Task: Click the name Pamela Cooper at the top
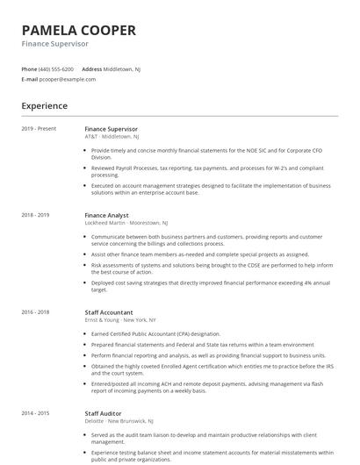click(79, 30)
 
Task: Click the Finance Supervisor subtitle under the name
click(55, 44)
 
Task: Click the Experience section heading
click(45, 106)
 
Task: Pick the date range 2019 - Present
click(39, 128)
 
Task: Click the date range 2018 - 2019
click(35, 214)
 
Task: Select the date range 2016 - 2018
click(35, 312)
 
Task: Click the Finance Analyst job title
click(106, 214)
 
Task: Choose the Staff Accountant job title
click(109, 312)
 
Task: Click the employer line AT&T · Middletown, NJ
click(112, 137)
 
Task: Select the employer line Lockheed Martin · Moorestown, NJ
click(128, 223)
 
